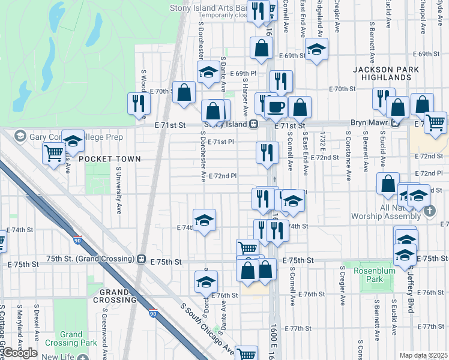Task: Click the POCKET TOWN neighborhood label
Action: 109,159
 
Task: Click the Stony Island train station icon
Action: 255,124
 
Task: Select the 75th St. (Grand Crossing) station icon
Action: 141,259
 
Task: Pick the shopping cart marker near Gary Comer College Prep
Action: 54,154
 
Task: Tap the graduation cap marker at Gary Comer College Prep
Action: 73,142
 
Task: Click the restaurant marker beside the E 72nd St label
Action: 267,152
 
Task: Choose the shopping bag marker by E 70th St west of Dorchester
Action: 184,92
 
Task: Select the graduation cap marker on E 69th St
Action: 316,50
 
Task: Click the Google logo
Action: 19,352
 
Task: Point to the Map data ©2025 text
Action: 423,355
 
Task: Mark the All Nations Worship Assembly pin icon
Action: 430,211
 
